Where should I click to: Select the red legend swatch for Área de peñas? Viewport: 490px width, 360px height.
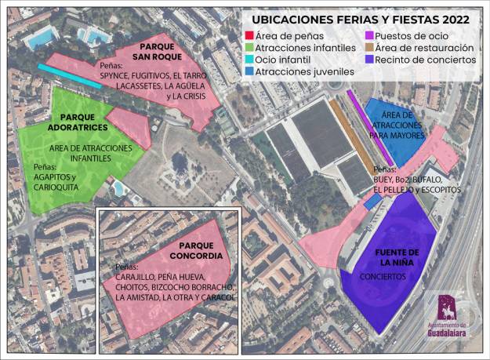249,35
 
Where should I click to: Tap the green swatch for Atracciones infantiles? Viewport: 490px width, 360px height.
249,47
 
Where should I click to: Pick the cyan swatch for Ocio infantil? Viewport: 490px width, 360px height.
249,60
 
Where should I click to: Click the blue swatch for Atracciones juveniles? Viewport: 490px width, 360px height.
249,71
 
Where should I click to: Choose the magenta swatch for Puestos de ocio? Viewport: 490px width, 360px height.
369,35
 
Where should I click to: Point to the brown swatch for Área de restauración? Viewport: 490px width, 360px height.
369,47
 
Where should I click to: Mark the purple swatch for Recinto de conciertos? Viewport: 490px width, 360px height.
369,60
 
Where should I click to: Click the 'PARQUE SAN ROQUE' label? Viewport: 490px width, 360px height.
157,52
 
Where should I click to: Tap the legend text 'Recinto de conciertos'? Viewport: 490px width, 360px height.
426,60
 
